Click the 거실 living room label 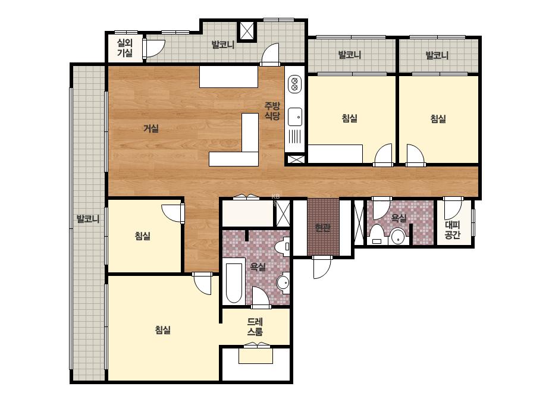(x=151, y=128)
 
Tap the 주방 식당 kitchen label (x=272, y=111)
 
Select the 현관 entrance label (x=322, y=228)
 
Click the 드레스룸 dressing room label (x=255, y=326)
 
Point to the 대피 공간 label (x=453, y=230)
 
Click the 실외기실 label (x=125, y=48)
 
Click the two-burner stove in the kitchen (x=294, y=84)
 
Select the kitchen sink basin (x=295, y=117)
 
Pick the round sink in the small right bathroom (x=397, y=236)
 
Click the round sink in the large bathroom (x=283, y=282)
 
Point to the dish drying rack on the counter (x=295, y=136)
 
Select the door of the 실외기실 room (x=154, y=49)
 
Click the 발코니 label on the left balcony (x=88, y=219)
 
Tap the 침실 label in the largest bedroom (x=163, y=330)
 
